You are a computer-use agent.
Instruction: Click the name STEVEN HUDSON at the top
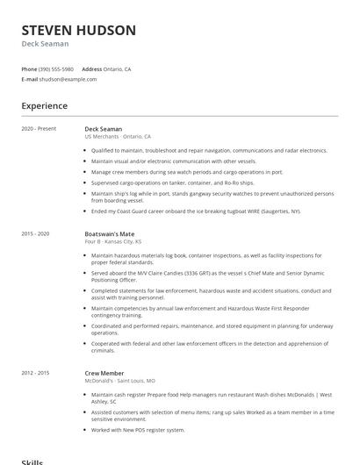coord(78,31)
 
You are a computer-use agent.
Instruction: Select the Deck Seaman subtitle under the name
coord(45,44)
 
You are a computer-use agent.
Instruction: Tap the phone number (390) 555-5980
coord(56,68)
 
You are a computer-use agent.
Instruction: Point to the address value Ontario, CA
coord(118,68)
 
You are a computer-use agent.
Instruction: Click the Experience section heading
coord(44,106)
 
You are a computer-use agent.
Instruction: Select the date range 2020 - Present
coord(39,129)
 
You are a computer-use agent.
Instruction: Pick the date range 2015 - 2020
coord(36,234)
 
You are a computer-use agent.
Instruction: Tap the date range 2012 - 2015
coord(36,373)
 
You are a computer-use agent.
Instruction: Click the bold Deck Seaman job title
coord(104,129)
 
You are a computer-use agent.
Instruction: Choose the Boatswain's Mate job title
coord(109,234)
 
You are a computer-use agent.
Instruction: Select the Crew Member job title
coord(104,373)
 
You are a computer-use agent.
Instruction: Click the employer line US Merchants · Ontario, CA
coord(118,137)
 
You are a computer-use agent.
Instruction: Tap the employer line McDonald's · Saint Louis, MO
coord(119,381)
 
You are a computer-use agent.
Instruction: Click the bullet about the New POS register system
coord(138,430)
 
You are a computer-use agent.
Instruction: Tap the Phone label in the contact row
coord(29,68)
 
